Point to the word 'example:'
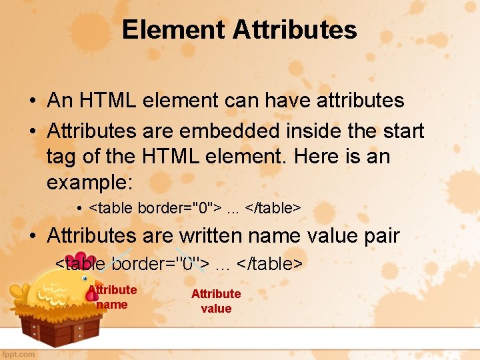[90, 183]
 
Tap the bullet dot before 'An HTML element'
[32, 101]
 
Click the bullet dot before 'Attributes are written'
[32, 236]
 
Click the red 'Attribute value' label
[216, 301]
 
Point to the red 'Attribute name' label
[112, 297]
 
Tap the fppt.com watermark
[18, 354]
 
